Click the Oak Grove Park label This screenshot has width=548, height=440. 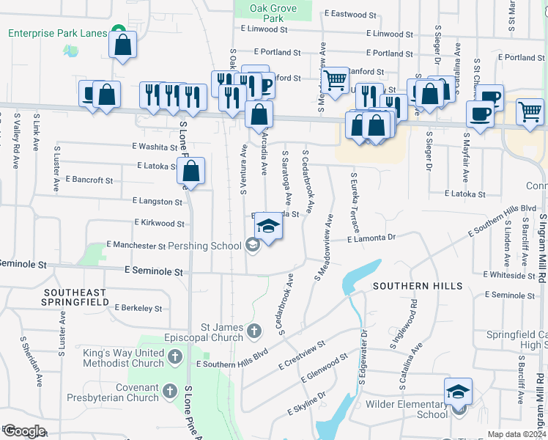point(273,13)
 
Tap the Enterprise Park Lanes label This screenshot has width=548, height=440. point(58,33)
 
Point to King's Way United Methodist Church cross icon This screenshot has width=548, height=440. point(175,357)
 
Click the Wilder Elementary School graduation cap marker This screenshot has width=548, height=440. point(459,392)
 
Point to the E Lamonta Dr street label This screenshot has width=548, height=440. point(371,238)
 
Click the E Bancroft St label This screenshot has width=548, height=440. point(89,179)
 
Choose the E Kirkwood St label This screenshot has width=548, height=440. point(159,222)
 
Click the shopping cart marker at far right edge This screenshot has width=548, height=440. point(530,111)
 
